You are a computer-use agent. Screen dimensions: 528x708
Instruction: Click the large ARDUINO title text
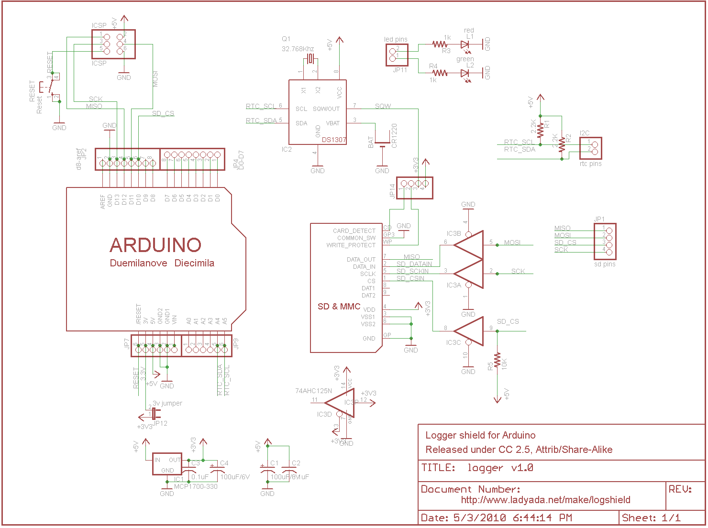(x=155, y=245)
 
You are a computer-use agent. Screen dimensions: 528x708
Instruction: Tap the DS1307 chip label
(x=334, y=140)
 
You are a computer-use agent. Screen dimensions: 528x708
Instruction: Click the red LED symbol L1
(x=465, y=44)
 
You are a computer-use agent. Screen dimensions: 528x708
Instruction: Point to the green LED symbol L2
(x=465, y=73)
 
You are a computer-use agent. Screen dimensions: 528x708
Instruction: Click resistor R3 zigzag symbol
(x=440, y=44)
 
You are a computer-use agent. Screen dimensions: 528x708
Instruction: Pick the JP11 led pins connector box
(x=397, y=55)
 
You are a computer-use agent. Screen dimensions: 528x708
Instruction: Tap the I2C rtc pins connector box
(x=590, y=148)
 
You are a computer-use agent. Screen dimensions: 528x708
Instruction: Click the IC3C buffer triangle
(x=469, y=330)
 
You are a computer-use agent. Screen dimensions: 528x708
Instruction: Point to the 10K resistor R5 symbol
(x=498, y=361)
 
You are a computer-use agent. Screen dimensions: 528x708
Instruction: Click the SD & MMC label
(x=339, y=306)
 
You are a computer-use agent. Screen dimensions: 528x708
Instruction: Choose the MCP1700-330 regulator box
(x=167, y=463)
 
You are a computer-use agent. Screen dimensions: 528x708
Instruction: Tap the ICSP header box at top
(x=113, y=44)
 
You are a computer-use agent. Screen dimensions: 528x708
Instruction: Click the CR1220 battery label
(x=394, y=135)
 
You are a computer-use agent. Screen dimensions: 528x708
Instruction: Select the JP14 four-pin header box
(x=414, y=187)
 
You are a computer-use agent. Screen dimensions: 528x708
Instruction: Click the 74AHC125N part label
(x=313, y=391)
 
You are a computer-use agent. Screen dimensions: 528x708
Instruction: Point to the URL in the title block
(x=545, y=500)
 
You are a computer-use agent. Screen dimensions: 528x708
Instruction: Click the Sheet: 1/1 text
(x=651, y=517)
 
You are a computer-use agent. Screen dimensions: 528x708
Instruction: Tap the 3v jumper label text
(x=167, y=403)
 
